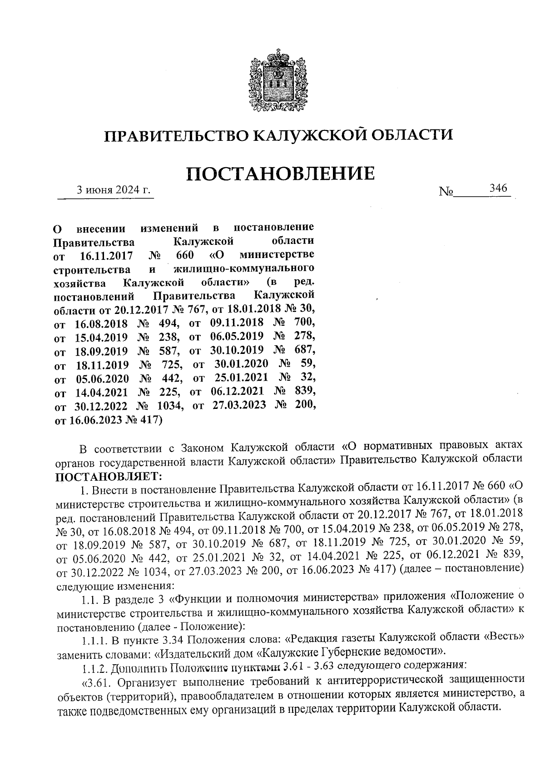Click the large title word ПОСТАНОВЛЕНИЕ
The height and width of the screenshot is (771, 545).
[x=281, y=174]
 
